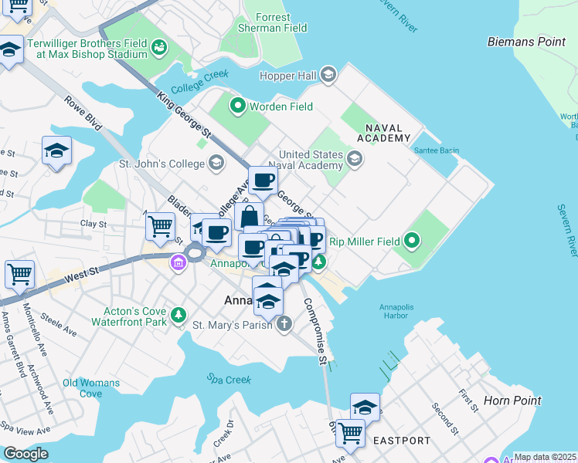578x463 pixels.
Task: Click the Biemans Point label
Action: tap(526, 42)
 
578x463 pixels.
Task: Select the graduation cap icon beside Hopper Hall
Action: tap(328, 74)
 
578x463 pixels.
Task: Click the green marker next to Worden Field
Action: tap(238, 106)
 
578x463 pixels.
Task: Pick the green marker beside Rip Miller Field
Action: tap(412, 242)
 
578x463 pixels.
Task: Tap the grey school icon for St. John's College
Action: tap(217, 163)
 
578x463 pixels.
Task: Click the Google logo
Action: tap(25, 454)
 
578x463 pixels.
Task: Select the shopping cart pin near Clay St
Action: tap(160, 227)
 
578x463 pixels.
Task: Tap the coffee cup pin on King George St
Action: tap(262, 181)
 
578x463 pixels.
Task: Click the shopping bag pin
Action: tap(250, 216)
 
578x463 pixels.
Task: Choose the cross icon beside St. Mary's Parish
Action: tap(284, 324)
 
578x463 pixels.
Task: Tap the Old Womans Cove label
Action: tap(91, 388)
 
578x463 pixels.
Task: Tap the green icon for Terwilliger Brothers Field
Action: tap(160, 48)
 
